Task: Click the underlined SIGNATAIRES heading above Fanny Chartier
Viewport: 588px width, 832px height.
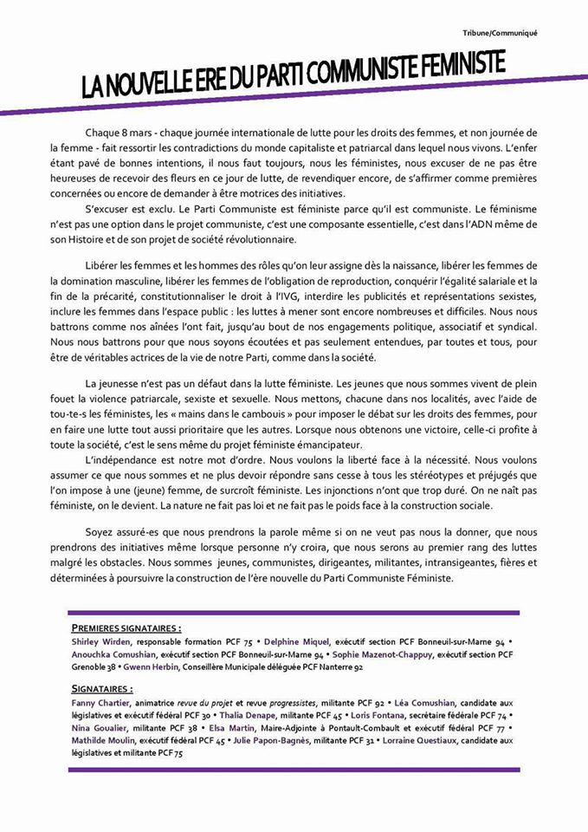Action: click(x=103, y=688)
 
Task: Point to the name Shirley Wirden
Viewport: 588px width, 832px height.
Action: click(x=100, y=641)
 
